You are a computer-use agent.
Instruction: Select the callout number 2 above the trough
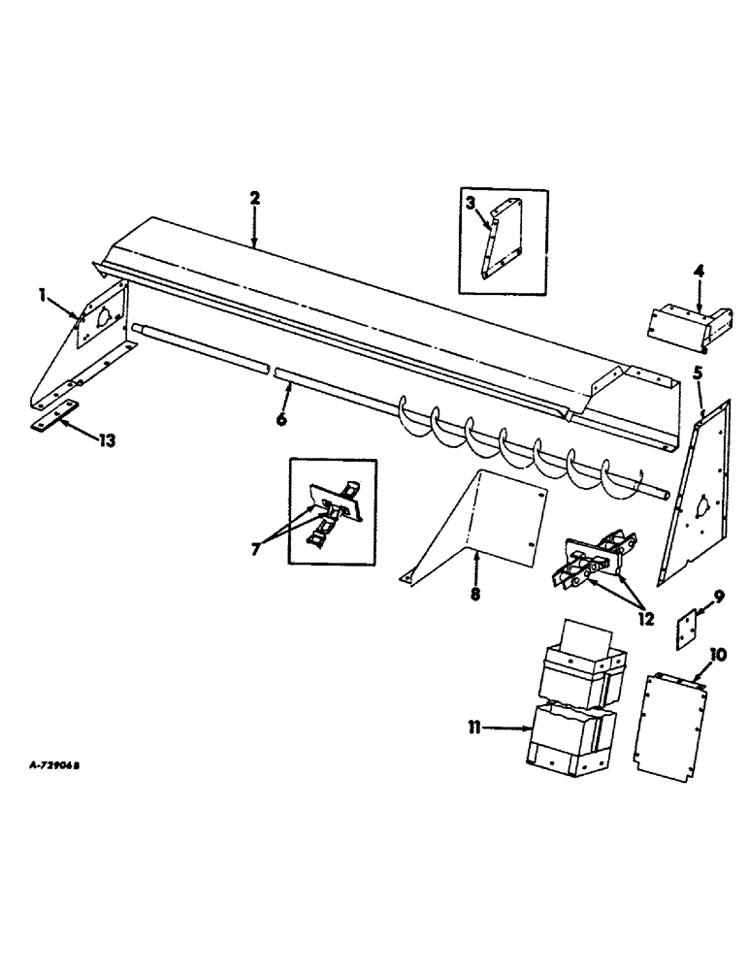tap(254, 198)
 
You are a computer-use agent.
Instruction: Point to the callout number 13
tap(106, 440)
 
